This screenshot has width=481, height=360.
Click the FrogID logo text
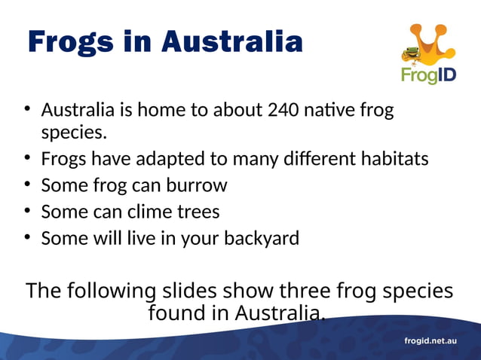point(428,75)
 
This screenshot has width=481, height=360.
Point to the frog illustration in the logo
point(412,55)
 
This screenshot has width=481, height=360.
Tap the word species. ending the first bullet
point(74,135)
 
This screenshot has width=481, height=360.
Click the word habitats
point(391,160)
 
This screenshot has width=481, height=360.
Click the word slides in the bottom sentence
point(186,291)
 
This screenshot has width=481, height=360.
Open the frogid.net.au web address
point(430,341)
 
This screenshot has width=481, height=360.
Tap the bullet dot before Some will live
point(26,238)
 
